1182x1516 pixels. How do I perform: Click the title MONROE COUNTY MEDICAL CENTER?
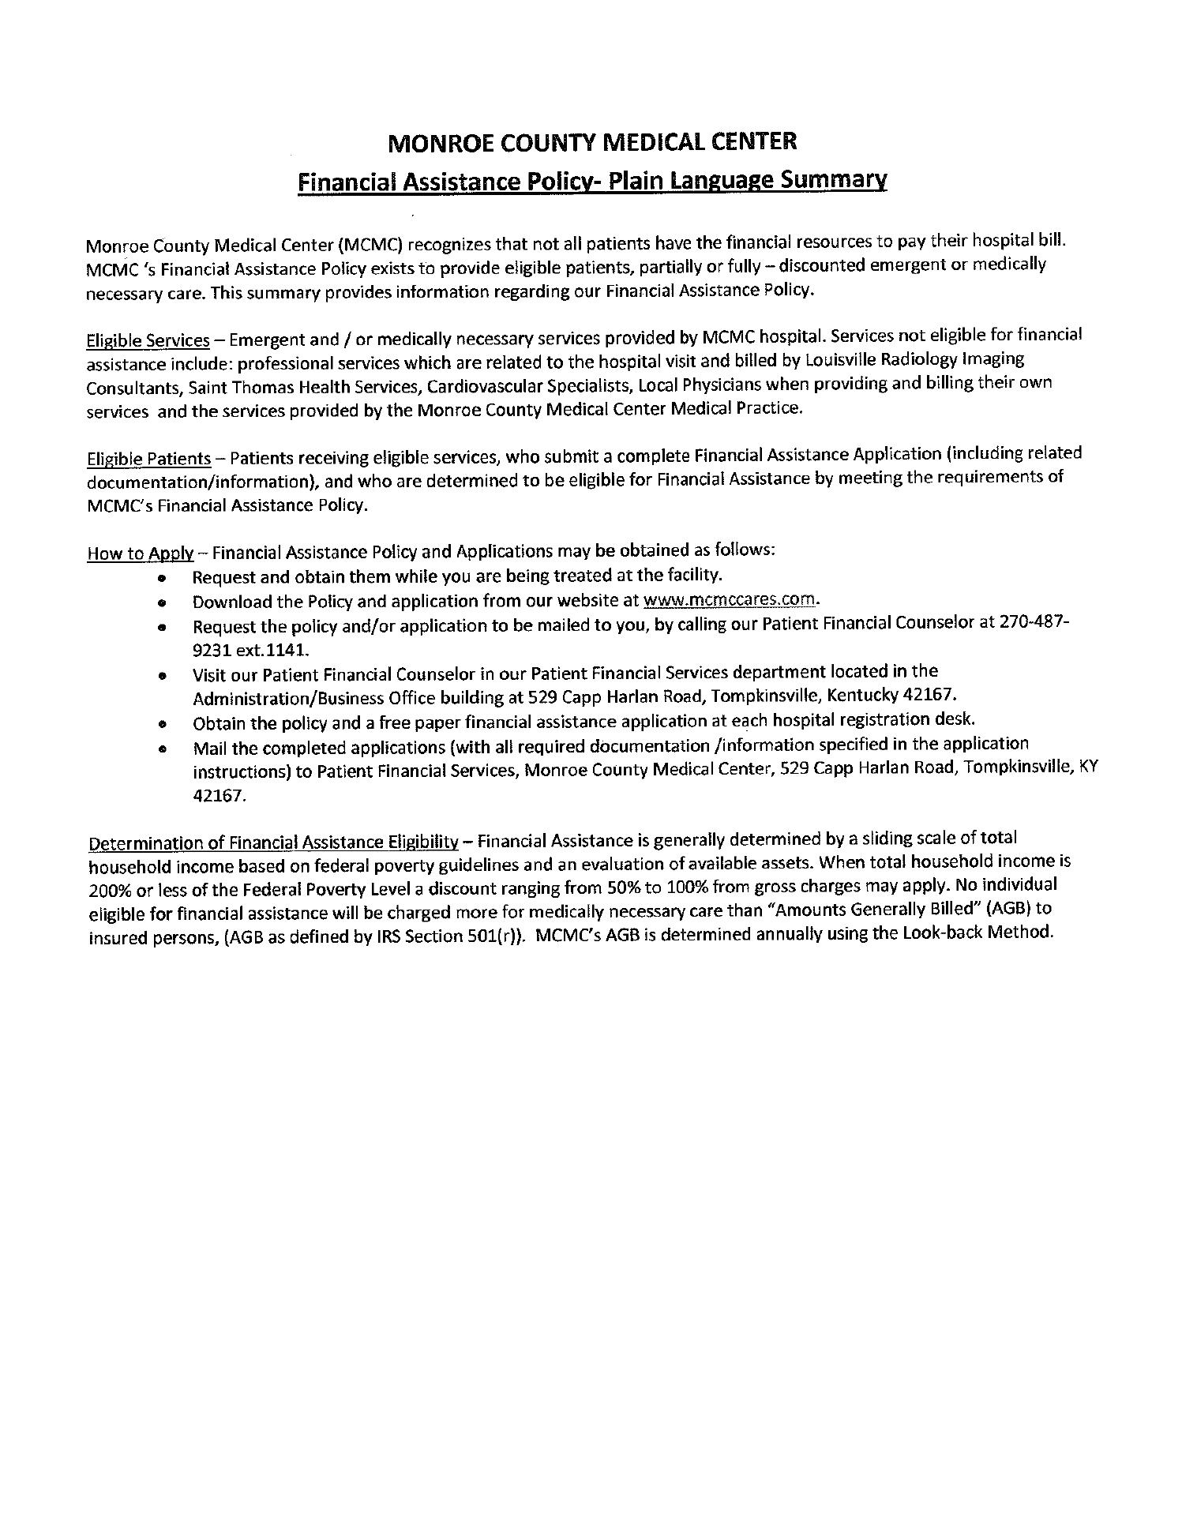coord(593,142)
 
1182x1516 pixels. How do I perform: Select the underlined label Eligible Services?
coord(148,340)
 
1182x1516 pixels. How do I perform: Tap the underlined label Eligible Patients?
coord(148,459)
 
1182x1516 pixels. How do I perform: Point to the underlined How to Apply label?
coord(140,553)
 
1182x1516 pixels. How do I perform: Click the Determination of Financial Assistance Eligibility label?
coord(273,842)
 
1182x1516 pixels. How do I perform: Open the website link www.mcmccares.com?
coord(730,599)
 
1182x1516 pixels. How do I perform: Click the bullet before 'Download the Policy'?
coord(162,603)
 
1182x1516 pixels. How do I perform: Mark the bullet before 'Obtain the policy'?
coord(162,723)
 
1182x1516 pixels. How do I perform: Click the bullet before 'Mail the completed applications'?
coord(162,749)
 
